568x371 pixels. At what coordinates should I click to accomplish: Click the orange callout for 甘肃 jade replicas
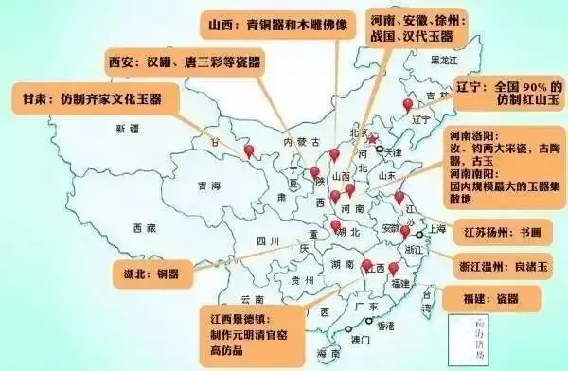click(x=92, y=97)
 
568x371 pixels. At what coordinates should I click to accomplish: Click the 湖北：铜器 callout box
click(x=152, y=273)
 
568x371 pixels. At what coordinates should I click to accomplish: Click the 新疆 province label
click(x=128, y=128)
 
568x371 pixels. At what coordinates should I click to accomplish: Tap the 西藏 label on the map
click(x=144, y=228)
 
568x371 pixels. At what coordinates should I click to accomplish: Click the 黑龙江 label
click(x=444, y=60)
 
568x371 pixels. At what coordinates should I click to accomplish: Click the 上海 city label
click(x=437, y=228)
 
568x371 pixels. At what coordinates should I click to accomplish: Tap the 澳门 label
click(x=356, y=338)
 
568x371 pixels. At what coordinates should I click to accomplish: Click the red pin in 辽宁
click(x=408, y=104)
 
